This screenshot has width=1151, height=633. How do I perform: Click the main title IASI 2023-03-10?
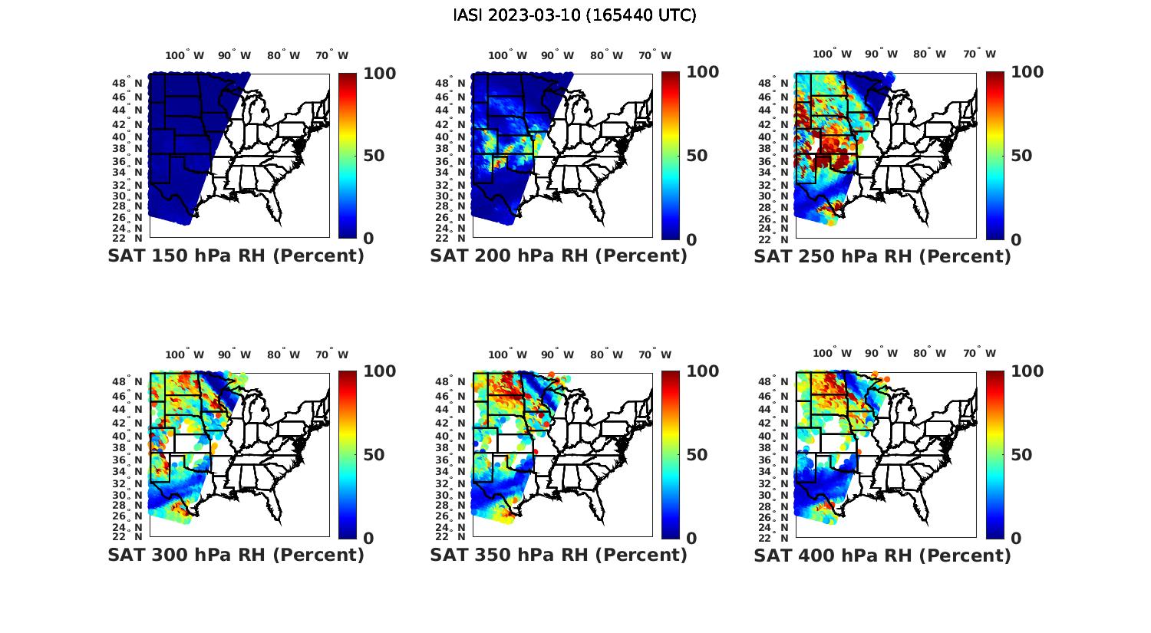pos(575,15)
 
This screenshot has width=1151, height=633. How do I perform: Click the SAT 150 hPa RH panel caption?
pos(236,256)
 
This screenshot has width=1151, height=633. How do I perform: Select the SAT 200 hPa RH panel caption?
pos(559,256)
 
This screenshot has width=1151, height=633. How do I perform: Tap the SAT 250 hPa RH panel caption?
pos(882,256)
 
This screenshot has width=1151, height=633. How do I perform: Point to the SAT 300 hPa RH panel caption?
pos(236,555)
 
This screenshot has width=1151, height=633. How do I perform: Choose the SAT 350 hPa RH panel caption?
pos(559,555)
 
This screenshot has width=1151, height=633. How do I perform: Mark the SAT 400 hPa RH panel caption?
pos(882,555)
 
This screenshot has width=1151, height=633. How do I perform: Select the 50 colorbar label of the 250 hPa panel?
pos(1021,156)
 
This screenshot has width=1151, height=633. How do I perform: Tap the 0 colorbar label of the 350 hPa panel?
pos(691,539)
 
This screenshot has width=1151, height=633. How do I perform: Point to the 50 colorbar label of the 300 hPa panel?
pos(374,455)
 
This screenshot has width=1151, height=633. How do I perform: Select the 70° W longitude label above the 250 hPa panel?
pos(979,54)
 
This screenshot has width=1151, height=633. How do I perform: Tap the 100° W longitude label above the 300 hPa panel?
pos(185,354)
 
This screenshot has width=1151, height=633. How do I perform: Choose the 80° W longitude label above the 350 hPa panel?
pos(607,354)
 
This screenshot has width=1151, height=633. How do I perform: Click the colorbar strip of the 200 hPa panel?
pos(671,156)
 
